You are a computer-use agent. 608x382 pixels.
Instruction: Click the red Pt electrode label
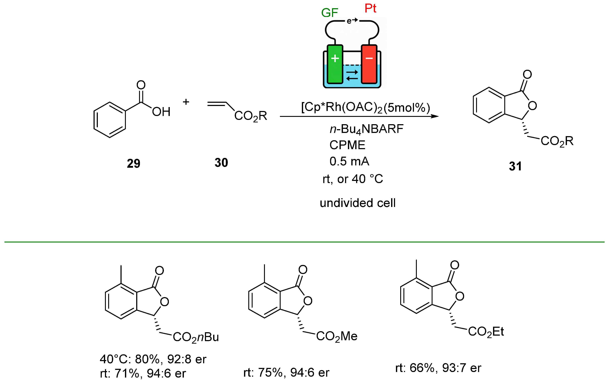[370, 8]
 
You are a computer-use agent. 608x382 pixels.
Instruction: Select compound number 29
[133, 163]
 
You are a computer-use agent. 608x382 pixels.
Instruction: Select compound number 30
[221, 163]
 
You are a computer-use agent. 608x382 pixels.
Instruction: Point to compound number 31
[515, 166]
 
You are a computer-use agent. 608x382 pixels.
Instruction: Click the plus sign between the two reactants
[186, 102]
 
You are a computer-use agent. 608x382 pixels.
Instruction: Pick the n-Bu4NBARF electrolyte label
[366, 129]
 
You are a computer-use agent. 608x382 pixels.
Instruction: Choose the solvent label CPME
[347, 145]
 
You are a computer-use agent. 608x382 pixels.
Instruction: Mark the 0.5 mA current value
[349, 161]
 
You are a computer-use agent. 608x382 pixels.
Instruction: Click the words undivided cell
[358, 203]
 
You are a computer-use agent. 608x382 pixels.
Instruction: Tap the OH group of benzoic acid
[161, 112]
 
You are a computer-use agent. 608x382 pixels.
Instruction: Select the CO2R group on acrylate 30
[250, 116]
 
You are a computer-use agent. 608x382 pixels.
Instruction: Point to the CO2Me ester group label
[336, 336]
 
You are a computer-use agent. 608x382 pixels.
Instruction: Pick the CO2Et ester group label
[486, 332]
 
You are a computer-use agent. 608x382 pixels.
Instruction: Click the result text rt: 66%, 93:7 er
[438, 368]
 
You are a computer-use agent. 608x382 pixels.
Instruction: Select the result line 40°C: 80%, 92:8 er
[153, 359]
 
